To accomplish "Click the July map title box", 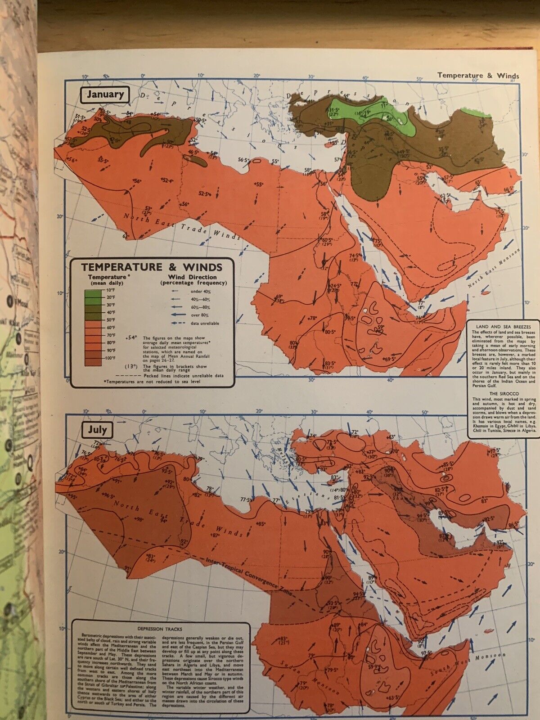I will pyautogui.click(x=97, y=429).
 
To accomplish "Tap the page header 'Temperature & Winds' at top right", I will pyautogui.click(x=478, y=76).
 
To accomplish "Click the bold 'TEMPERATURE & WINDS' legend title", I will pyautogui.click(x=152, y=267).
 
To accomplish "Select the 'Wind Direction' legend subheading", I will pyautogui.click(x=192, y=277).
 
